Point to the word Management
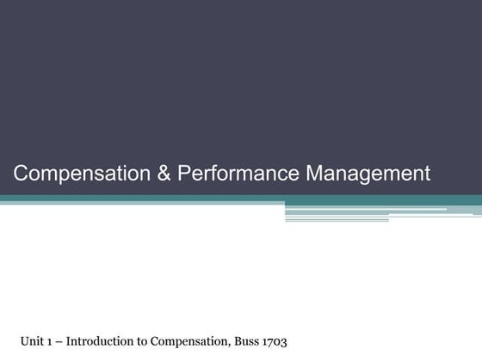(x=369, y=174)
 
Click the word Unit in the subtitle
(x=31, y=342)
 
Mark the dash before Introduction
(x=60, y=342)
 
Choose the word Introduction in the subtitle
(x=101, y=342)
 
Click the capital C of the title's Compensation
(x=21, y=174)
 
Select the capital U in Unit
(x=24, y=342)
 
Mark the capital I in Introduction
(x=71, y=342)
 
